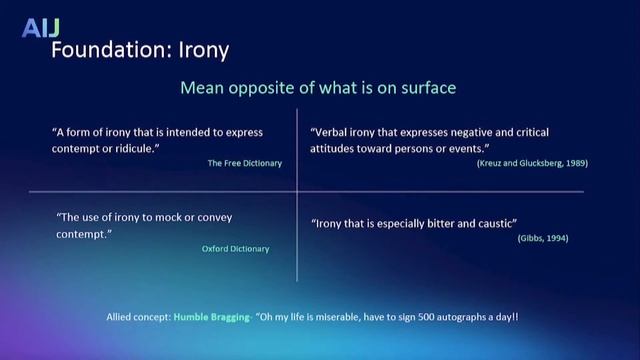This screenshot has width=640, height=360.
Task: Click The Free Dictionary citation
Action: point(245,162)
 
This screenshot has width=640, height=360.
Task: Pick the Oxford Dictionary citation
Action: point(235,249)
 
